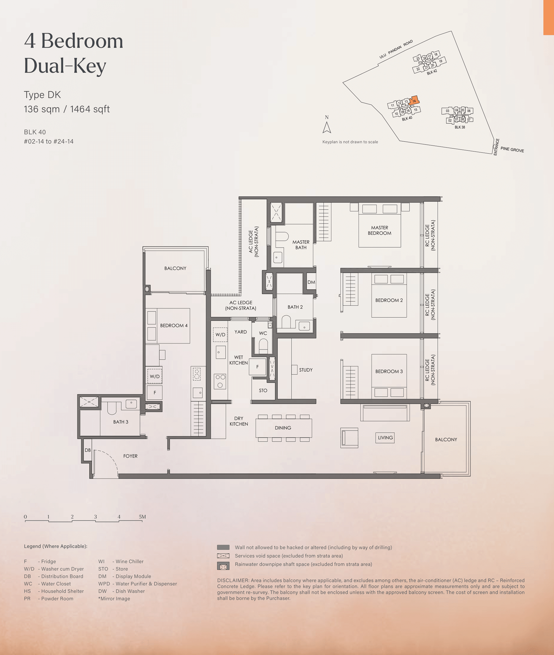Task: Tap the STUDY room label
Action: pyautogui.click(x=306, y=370)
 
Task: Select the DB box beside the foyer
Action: pyautogui.click(x=88, y=450)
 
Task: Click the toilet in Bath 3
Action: pyautogui.click(x=112, y=408)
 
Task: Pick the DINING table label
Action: pyautogui.click(x=283, y=428)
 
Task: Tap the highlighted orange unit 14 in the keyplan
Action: pyautogui.click(x=414, y=100)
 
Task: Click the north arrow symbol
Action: pyautogui.click(x=327, y=127)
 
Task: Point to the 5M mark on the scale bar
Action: pyautogui.click(x=142, y=517)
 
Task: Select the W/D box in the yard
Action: pyautogui.click(x=220, y=335)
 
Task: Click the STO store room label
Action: pyautogui.click(x=263, y=391)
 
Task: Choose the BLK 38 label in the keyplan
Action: pyautogui.click(x=460, y=127)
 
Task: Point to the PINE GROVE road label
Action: pyautogui.click(x=512, y=149)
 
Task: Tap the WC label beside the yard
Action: pyautogui.click(x=263, y=333)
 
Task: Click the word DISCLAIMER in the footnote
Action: pyautogui.click(x=233, y=580)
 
